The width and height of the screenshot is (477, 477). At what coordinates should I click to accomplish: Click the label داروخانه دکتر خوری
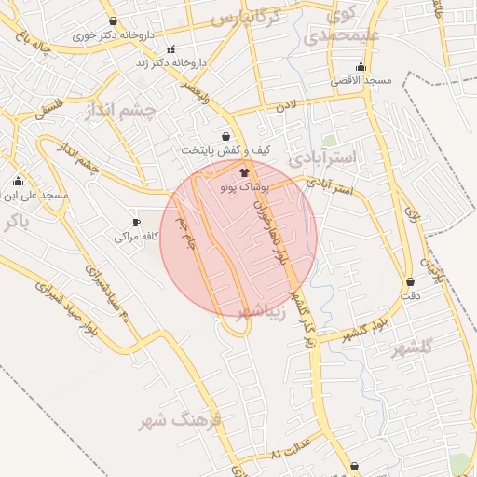115,34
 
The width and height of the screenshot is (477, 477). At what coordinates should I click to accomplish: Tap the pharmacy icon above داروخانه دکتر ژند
170,49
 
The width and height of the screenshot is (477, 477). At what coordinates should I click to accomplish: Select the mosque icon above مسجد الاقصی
361,67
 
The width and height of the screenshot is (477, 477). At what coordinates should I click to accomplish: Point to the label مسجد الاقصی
361,81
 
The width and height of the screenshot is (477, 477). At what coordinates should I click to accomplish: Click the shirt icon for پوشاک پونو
245,172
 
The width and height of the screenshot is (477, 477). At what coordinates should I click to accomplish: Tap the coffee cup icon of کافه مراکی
136,223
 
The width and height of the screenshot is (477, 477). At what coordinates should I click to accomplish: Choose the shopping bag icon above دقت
410,281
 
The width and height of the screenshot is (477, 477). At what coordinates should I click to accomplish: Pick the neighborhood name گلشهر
414,347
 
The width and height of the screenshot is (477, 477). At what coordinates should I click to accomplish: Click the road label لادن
284,108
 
